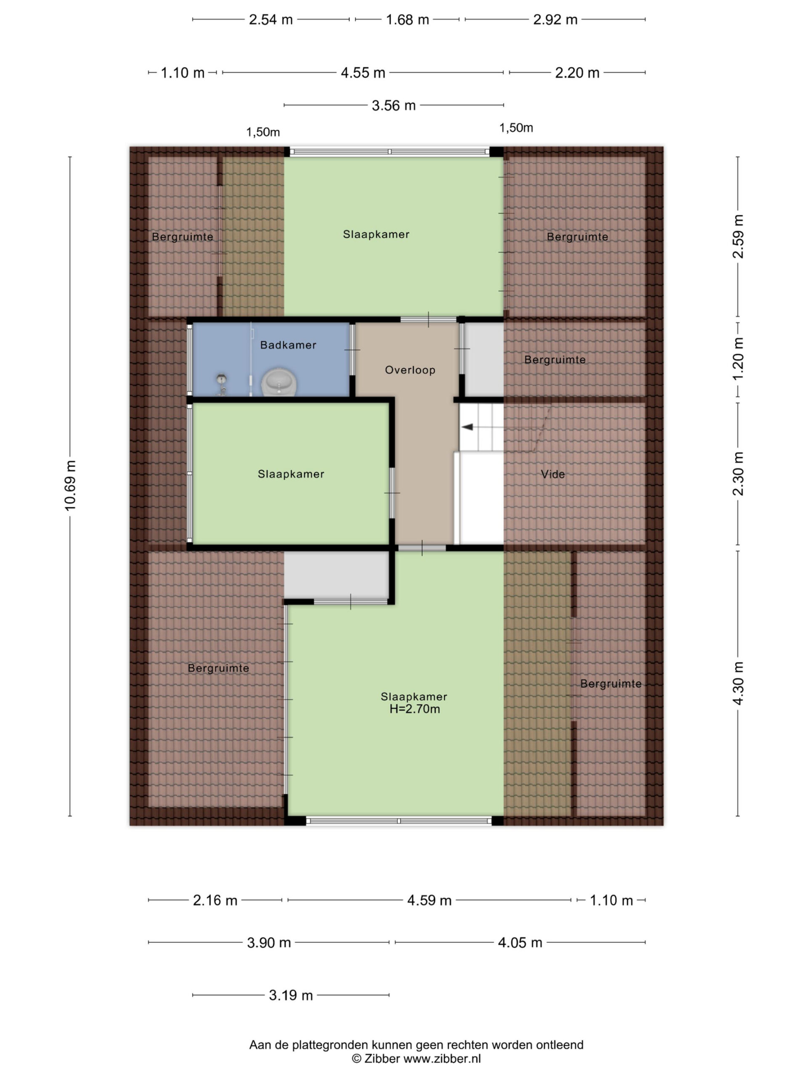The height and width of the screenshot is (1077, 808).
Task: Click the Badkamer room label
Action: click(x=288, y=345)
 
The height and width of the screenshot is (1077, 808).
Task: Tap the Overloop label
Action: click(x=410, y=370)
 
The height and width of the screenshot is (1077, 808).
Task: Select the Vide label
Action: click(x=553, y=474)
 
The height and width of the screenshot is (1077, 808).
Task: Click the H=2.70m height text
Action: click(x=415, y=709)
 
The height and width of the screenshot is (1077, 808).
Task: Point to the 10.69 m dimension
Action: click(x=71, y=485)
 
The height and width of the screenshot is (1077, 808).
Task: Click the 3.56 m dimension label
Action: click(x=393, y=106)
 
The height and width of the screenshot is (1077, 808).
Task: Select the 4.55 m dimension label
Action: click(x=363, y=73)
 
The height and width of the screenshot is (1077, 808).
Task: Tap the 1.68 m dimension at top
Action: click(x=407, y=20)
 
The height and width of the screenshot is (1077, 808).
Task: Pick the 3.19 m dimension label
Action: click(x=291, y=996)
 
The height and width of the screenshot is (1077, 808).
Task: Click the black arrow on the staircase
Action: click(x=467, y=427)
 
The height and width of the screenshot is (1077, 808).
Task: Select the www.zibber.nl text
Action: click(x=442, y=1058)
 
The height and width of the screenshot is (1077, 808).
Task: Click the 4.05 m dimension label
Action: click(x=520, y=943)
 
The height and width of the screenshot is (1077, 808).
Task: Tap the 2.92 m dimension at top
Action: click(x=555, y=20)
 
